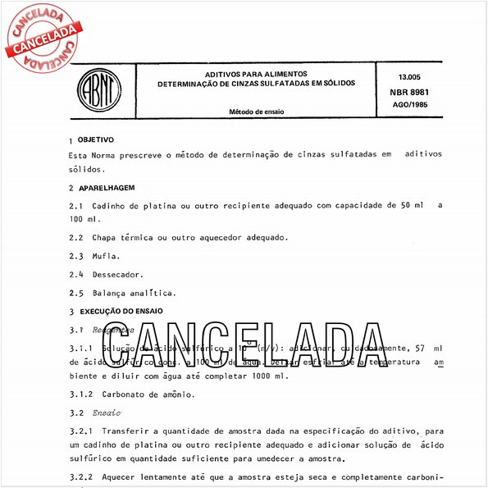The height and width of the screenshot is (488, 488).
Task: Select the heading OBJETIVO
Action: coord(95,139)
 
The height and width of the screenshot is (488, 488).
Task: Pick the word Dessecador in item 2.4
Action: coord(118,274)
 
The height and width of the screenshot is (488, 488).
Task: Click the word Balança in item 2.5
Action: coord(112,292)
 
